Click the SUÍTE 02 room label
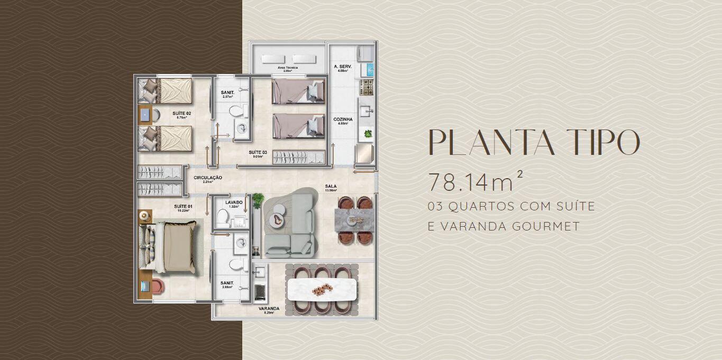tap(181, 114)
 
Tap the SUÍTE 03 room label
tap(258, 152)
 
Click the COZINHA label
tap(343, 119)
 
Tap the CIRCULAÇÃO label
tap(207, 178)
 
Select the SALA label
tap(331, 186)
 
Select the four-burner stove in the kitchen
tap(366, 85)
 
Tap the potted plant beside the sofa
tap(258, 199)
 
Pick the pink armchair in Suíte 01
tap(157, 286)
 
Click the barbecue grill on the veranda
tap(260, 292)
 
